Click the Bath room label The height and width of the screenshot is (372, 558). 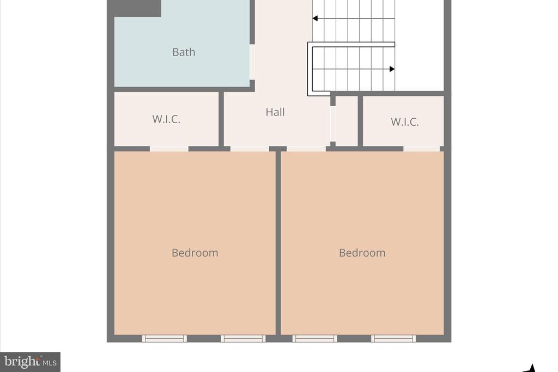click(x=184, y=52)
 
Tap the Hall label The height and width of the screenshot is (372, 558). click(x=275, y=112)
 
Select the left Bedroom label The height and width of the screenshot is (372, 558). click(x=195, y=253)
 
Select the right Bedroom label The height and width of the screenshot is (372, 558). click(x=362, y=253)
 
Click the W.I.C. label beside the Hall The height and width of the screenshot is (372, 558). click(x=166, y=119)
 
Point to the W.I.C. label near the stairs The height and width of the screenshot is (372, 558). click(x=405, y=122)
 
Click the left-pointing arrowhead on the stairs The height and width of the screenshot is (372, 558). click(x=315, y=18)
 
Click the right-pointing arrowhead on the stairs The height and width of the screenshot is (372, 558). click(x=392, y=69)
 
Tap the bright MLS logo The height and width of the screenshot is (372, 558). click(x=31, y=362)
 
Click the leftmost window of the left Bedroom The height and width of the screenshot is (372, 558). click(x=165, y=339)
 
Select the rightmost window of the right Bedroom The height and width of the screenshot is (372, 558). click(x=393, y=339)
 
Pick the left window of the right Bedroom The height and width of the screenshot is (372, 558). click(x=314, y=339)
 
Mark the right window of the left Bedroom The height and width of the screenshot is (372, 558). click(x=243, y=339)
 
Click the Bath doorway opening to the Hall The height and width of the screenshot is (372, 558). click(x=252, y=62)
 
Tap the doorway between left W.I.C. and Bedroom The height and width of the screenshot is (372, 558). click(x=169, y=149)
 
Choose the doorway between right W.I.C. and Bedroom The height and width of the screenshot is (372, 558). click(x=422, y=149)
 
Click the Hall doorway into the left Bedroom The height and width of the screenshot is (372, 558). click(x=250, y=149)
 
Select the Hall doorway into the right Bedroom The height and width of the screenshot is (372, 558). click(x=306, y=149)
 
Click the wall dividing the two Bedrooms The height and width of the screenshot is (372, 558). click(x=278, y=243)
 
